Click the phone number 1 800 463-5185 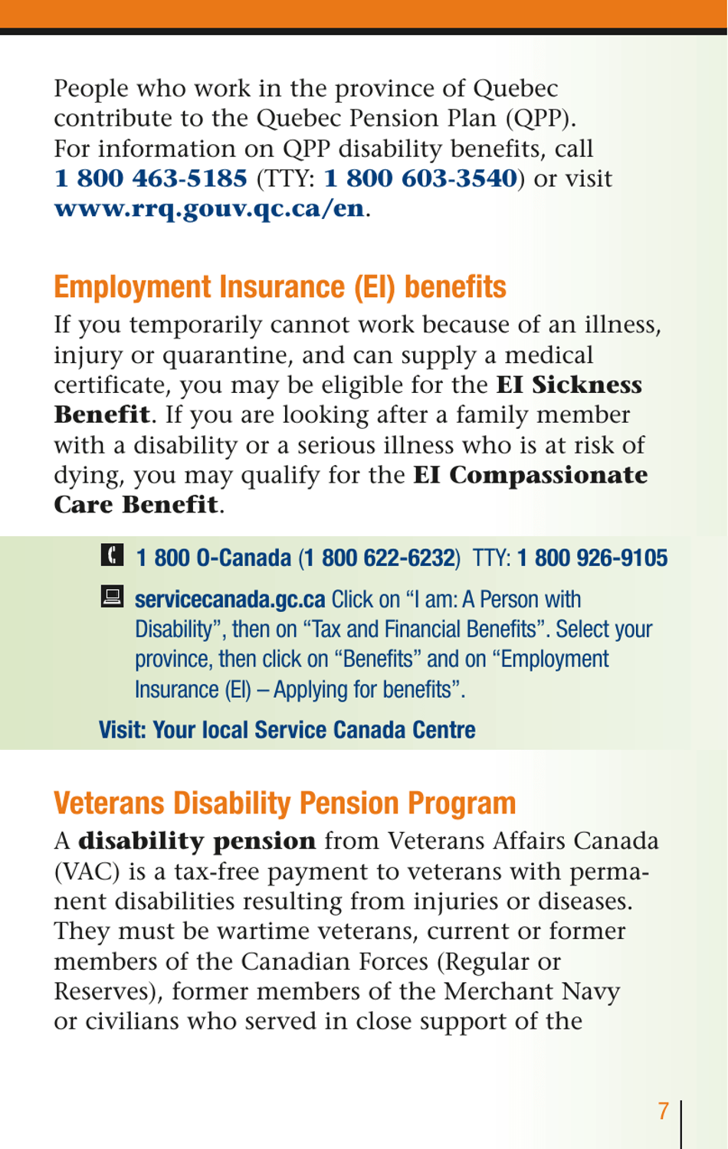(151, 178)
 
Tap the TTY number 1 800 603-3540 (421, 178)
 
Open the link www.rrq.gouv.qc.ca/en (209, 208)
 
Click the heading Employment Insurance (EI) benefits (280, 287)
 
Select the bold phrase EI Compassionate (530, 475)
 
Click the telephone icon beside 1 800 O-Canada (112, 555)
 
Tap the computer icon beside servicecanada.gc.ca (112, 596)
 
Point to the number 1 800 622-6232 (379, 558)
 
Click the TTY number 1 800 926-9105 (592, 558)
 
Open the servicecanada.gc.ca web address (230, 599)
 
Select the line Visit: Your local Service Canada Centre (287, 730)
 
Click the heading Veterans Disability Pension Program (284, 804)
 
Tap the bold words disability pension (197, 841)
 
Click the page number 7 (664, 1111)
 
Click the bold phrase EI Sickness (569, 385)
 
